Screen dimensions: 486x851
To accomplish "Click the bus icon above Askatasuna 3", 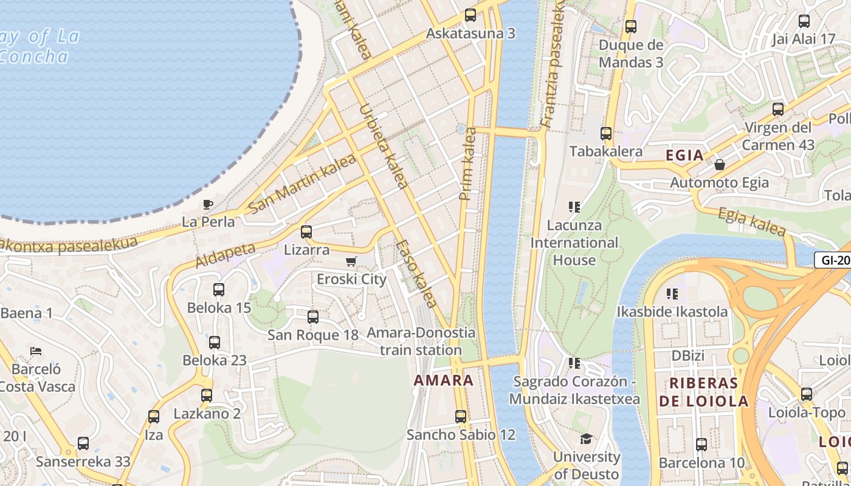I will [470, 15].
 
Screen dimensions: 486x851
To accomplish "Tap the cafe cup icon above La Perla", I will [208, 204].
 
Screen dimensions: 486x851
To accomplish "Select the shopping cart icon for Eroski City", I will [351, 262].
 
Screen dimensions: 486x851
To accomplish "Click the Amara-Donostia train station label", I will [421, 341].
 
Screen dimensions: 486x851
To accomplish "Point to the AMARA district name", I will [443, 381].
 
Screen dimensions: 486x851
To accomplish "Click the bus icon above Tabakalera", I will [606, 134].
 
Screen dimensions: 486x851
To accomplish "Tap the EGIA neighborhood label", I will [684, 156].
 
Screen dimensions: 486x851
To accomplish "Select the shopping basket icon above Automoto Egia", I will [720, 165].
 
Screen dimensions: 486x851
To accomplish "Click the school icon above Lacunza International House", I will [574, 207].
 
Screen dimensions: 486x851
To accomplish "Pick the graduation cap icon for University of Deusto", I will [586, 439].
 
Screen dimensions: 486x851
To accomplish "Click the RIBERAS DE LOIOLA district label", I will [703, 392].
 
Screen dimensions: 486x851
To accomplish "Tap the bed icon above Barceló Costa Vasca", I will [36, 351].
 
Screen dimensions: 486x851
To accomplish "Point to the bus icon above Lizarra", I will [306, 232].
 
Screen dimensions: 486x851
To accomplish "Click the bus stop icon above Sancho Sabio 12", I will [461, 417].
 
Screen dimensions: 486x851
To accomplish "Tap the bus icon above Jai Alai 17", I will [804, 21].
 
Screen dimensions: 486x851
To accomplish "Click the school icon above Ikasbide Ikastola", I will [672, 294].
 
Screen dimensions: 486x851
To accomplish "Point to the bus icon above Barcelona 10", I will [701, 445].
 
